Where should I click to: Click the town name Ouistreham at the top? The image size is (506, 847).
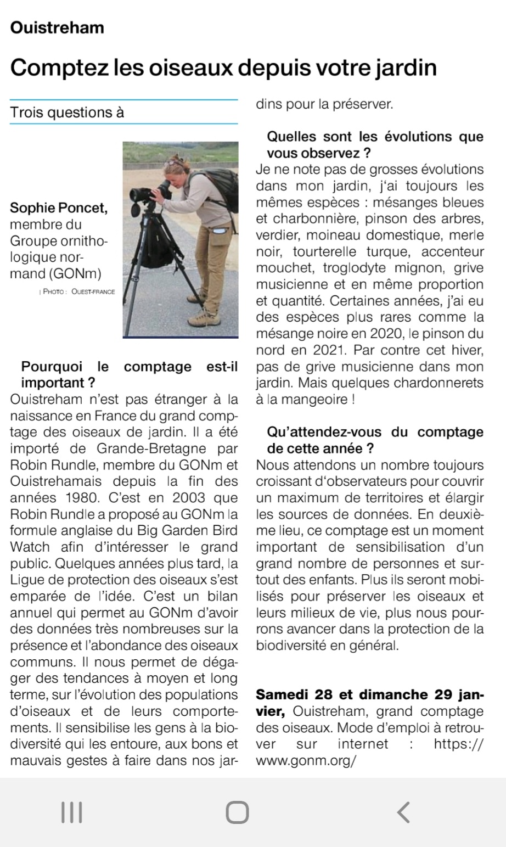(x=57, y=27)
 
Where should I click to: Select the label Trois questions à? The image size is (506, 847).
(x=68, y=113)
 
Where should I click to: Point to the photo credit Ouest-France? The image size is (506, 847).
(x=93, y=291)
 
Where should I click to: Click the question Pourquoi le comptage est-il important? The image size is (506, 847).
(x=129, y=374)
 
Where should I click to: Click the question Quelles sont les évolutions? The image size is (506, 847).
(x=375, y=136)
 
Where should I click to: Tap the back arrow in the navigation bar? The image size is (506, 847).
(x=403, y=812)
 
